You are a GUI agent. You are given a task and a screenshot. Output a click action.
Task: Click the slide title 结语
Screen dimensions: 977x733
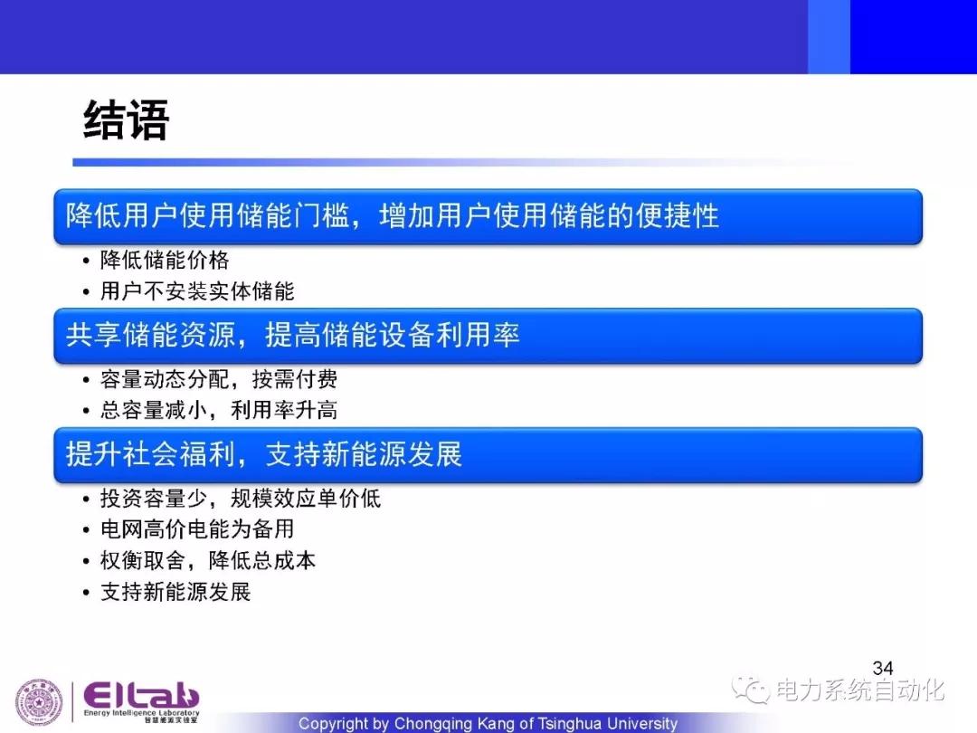[126, 119]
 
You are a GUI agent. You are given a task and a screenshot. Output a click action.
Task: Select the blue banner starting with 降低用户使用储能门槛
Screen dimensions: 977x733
[488, 216]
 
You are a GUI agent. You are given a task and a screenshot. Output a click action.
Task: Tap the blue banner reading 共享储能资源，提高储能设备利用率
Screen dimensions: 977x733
[488, 336]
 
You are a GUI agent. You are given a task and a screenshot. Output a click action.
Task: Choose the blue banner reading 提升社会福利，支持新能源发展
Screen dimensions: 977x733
[488, 454]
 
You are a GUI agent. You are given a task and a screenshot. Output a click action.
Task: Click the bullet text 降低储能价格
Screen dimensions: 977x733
[165, 260]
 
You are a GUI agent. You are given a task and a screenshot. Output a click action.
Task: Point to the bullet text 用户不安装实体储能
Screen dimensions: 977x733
[197, 291]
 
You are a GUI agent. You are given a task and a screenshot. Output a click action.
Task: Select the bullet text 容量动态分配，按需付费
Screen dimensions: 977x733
[219, 379]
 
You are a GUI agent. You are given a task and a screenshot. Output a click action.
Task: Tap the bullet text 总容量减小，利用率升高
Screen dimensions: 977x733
[219, 410]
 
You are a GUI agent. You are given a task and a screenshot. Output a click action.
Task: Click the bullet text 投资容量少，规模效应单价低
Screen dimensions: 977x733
[241, 498]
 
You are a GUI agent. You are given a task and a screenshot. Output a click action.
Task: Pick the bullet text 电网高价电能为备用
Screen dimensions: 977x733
[197, 529]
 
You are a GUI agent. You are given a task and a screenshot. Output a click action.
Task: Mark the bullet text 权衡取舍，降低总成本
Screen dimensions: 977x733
[208, 560]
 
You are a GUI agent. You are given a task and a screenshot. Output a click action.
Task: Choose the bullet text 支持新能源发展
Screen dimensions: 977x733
[175, 592]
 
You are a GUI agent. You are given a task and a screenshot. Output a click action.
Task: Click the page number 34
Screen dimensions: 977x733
[883, 668]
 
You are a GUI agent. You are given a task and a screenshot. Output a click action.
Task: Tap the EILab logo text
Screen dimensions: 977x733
[141, 696]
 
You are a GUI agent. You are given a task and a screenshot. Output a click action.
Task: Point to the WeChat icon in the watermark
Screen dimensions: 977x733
[751, 689]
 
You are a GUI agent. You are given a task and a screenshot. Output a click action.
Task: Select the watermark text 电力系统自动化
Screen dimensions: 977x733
[860, 690]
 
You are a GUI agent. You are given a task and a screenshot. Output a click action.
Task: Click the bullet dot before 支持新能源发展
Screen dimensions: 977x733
[86, 592]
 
